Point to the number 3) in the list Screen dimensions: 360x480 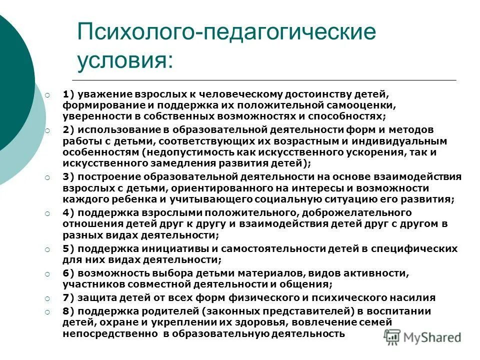(68, 176)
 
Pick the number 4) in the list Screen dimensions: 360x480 (68, 212)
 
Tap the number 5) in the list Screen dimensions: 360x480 (68, 248)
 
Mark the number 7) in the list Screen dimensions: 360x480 (68, 297)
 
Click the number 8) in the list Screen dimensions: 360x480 (68, 310)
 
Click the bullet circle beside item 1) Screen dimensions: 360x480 (47, 94)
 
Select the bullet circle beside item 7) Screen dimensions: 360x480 (47, 298)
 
